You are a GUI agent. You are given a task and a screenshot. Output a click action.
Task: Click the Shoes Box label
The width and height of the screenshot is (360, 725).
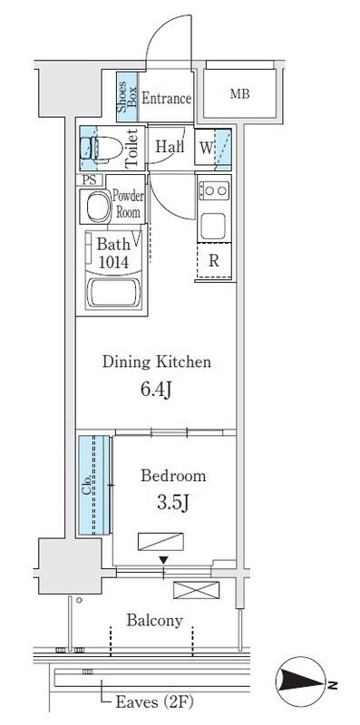pyautogui.click(x=127, y=97)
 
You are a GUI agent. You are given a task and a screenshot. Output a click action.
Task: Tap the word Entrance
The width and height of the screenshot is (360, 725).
pyautogui.click(x=167, y=99)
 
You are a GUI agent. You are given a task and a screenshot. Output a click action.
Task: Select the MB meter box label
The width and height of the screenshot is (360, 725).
pyautogui.click(x=239, y=94)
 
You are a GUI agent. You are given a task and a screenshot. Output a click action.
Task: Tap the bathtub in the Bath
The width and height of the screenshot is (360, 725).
pyautogui.click(x=113, y=292)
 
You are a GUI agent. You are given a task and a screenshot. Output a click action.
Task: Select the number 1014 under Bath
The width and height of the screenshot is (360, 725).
pyautogui.click(x=113, y=262)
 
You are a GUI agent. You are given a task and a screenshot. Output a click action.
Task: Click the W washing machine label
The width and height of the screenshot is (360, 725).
pyautogui.click(x=206, y=149)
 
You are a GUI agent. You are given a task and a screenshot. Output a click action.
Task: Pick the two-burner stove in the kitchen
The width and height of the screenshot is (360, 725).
pyautogui.click(x=214, y=190)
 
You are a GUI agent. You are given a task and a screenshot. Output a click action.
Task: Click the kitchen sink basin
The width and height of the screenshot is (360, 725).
pyautogui.click(x=213, y=226)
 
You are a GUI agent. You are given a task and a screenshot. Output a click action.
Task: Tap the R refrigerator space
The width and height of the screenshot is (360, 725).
pyautogui.click(x=214, y=261)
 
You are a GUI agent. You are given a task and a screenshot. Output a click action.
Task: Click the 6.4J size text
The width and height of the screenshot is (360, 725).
pyautogui.click(x=156, y=391)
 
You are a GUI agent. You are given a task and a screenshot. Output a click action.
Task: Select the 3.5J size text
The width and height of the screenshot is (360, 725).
pyautogui.click(x=173, y=504)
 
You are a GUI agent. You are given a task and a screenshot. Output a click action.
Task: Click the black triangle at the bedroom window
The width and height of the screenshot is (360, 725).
pyautogui.click(x=163, y=560)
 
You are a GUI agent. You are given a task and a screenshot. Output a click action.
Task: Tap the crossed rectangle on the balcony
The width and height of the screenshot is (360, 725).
pyautogui.click(x=196, y=590)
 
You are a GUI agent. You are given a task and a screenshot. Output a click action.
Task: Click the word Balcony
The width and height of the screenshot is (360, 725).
pyautogui.click(x=154, y=621)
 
